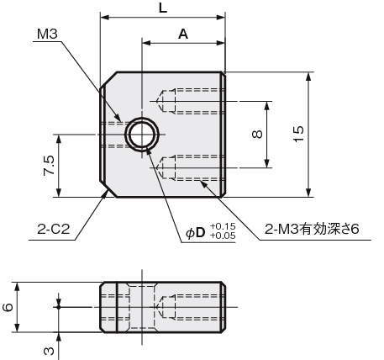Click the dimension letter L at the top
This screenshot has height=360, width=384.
click(x=163, y=8)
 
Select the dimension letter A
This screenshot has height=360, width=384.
click(x=183, y=34)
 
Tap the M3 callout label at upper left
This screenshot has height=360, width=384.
click(x=47, y=34)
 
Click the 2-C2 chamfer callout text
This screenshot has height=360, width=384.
click(x=53, y=230)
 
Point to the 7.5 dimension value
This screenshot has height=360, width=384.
click(x=48, y=166)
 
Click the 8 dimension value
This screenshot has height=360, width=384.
click(x=257, y=135)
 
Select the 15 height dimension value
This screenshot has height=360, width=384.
click(x=299, y=134)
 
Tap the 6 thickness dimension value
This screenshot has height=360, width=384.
click(x=8, y=307)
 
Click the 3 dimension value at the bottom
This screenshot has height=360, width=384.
click(x=49, y=351)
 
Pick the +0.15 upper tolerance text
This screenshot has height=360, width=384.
click(x=223, y=226)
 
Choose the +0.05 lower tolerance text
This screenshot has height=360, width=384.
click(x=223, y=236)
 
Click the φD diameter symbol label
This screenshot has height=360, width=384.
click(x=196, y=232)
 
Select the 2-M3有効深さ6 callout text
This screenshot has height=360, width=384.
click(x=312, y=230)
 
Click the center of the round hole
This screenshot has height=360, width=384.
click(x=142, y=135)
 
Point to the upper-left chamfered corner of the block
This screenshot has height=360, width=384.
click(x=108, y=80)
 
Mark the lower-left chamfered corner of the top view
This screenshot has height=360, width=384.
click(x=108, y=189)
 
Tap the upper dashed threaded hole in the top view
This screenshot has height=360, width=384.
click(x=192, y=101)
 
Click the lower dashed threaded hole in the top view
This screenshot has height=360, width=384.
click(x=192, y=167)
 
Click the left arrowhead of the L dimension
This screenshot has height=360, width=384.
click(x=104, y=18)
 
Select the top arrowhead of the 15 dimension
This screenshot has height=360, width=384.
click(x=308, y=77)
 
